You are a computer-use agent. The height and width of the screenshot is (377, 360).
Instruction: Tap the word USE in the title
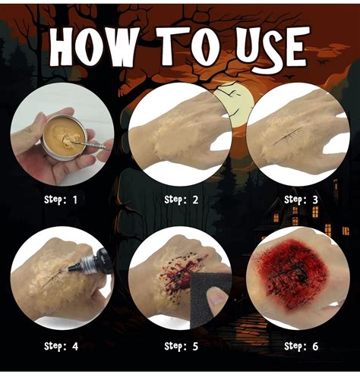click(273, 48)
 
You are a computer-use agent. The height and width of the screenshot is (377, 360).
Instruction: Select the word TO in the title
click(188, 46)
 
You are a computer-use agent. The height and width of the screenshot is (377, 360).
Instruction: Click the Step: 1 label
click(61, 199)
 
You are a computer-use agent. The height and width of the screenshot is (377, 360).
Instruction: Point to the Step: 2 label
click(182, 199)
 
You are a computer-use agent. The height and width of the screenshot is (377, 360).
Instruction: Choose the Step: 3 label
click(301, 199)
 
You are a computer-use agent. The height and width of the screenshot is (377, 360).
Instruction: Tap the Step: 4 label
click(61, 346)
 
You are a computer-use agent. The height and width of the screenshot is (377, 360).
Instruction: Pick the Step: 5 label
click(182, 346)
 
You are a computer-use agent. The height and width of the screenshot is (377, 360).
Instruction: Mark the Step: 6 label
click(301, 346)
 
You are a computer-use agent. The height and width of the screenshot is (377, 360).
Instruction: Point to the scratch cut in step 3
click(287, 137)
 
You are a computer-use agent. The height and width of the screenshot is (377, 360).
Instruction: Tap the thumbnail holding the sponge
click(216, 298)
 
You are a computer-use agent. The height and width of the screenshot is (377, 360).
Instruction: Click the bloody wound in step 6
click(294, 275)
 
